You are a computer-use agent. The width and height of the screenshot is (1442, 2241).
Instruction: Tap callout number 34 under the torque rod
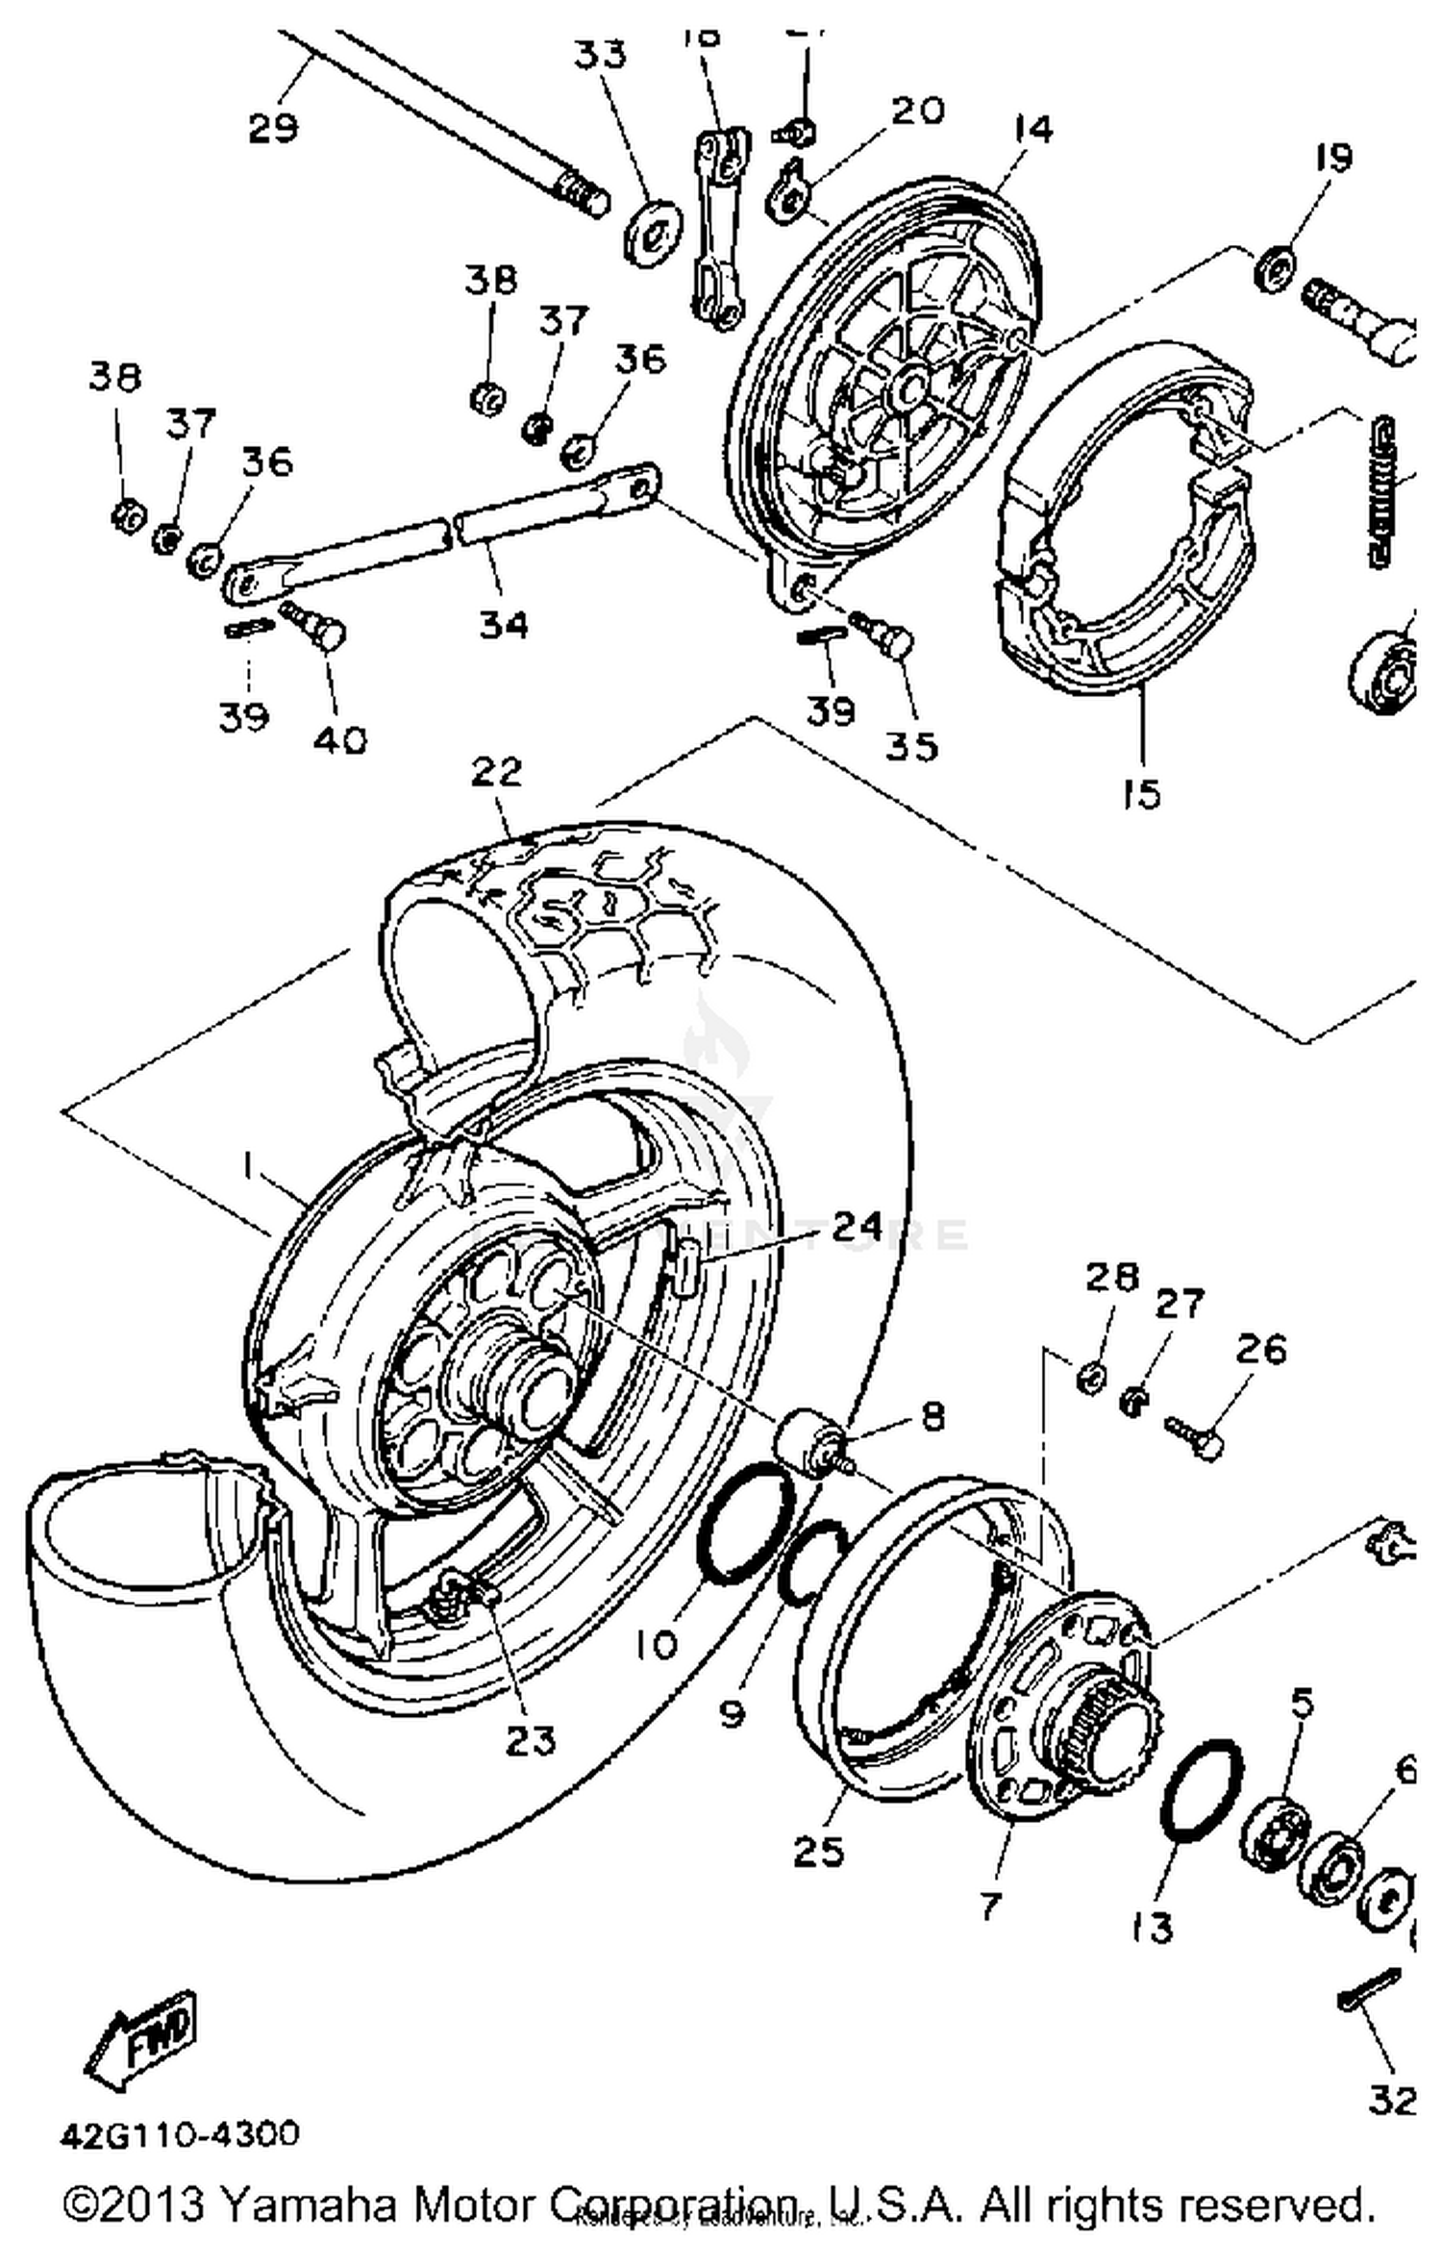pyautogui.click(x=505, y=626)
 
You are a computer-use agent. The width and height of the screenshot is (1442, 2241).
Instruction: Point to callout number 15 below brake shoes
pyautogui.click(x=1142, y=794)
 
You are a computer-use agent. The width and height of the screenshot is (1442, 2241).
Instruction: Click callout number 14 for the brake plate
pyautogui.click(x=1032, y=129)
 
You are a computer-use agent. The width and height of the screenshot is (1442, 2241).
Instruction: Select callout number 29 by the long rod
pyautogui.click(x=272, y=127)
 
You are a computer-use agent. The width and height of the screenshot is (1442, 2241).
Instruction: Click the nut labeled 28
pyautogui.click(x=1090, y=1380)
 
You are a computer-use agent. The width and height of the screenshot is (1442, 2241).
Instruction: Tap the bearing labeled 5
pyautogui.click(x=1275, y=1832)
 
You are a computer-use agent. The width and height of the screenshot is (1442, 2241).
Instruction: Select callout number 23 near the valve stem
pyautogui.click(x=531, y=1739)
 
